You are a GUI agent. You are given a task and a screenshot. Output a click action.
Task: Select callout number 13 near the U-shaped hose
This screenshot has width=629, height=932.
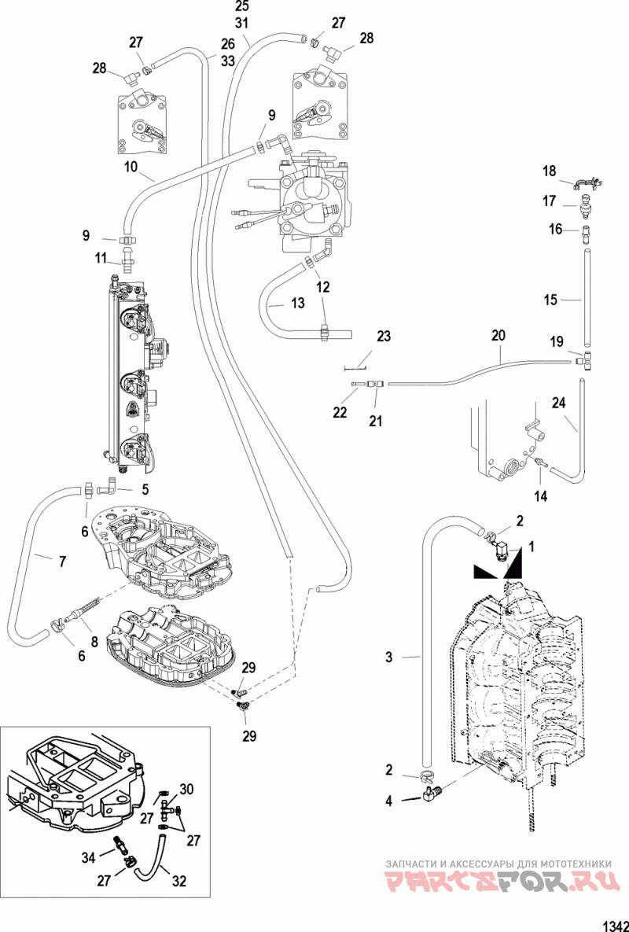tap(297, 303)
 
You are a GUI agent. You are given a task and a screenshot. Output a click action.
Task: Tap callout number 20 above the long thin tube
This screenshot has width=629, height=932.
tap(498, 335)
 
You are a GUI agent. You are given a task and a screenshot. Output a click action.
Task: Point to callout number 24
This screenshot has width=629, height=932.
tap(558, 404)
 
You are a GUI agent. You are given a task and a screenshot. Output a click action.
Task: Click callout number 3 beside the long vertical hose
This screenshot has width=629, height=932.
tap(389, 657)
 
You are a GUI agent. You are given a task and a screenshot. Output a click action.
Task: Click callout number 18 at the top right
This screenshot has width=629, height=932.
tap(549, 171)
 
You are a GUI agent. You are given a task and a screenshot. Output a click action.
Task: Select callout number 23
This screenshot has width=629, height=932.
tap(383, 337)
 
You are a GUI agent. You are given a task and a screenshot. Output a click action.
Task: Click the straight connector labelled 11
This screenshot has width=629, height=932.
tap(126, 262)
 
